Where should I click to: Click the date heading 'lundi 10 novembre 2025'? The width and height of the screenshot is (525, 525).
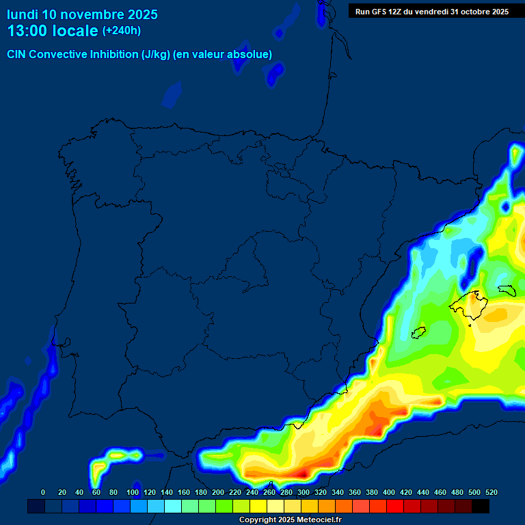pyautogui.click(x=82, y=14)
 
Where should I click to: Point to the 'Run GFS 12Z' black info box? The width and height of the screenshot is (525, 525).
pyautogui.click(x=431, y=12)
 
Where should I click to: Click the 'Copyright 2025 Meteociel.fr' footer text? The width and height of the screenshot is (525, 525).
pyautogui.click(x=290, y=520)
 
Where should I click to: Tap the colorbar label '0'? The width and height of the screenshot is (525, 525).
pyautogui.click(x=43, y=492)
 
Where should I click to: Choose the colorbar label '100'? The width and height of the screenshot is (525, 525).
pyautogui.click(x=133, y=492)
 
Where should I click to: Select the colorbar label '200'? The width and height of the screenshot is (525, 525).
pyautogui.click(x=218, y=492)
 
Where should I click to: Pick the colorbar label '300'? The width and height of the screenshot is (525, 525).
pyautogui.click(x=304, y=492)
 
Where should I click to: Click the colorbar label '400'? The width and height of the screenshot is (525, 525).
pyautogui.click(x=389, y=492)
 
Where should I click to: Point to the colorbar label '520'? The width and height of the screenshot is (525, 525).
pyautogui.click(x=492, y=492)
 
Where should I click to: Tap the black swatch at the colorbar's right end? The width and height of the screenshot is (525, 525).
pyautogui.click(x=481, y=507)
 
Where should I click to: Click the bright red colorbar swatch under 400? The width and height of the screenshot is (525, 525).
pyautogui.click(x=395, y=507)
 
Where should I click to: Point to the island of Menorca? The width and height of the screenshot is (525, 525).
pyautogui.click(x=507, y=290)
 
